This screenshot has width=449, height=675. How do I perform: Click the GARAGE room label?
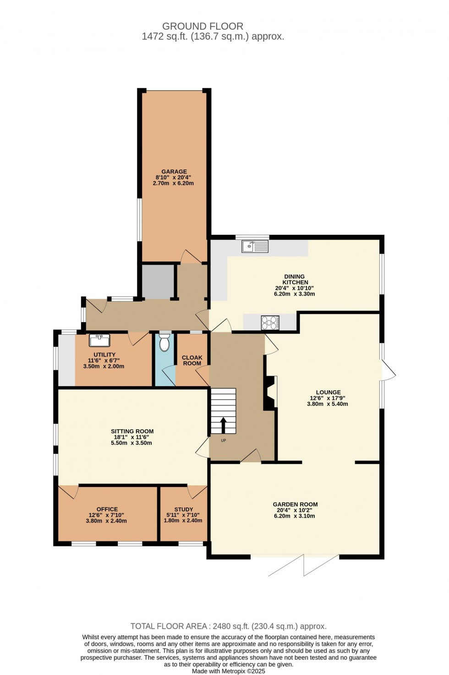click(x=174, y=172)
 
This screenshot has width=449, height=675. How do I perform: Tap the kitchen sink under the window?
click(x=255, y=246)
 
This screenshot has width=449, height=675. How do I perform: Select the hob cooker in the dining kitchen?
click(x=270, y=323)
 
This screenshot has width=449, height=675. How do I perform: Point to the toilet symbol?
click(x=164, y=342)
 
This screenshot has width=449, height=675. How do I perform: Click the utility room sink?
click(x=99, y=340)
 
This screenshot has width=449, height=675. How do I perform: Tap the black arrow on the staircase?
click(x=224, y=425)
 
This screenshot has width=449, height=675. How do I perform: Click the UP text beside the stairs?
click(x=224, y=441)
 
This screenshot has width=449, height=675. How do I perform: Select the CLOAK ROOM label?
click(x=192, y=361)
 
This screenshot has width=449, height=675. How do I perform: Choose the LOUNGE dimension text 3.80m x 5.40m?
click(x=328, y=404)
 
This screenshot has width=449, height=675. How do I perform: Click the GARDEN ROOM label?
click(x=296, y=504)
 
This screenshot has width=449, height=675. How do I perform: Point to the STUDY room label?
click(x=184, y=509)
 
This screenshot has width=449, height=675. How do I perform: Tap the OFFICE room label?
click(x=107, y=509)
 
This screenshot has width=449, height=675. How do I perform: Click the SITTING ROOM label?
click(x=132, y=431)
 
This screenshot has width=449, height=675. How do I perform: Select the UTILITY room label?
click(x=104, y=355)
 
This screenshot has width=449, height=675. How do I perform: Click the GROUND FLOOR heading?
click(x=203, y=26)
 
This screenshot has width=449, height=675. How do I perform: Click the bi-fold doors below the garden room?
click(x=304, y=566)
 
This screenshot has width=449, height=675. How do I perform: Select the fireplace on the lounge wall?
click(x=270, y=393)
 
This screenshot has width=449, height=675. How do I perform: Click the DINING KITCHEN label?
click(x=295, y=279)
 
